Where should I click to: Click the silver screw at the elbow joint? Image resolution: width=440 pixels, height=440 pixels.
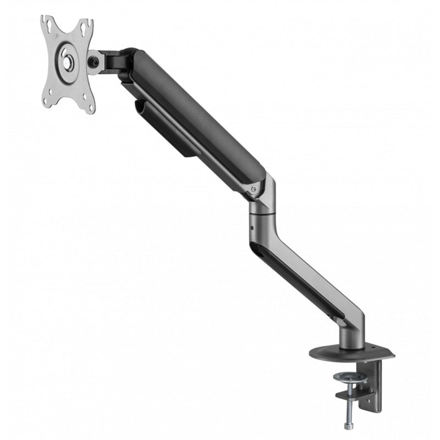253,190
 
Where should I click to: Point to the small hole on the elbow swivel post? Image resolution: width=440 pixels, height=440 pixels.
251,227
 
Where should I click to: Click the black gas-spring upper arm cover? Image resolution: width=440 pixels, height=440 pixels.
187,116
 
